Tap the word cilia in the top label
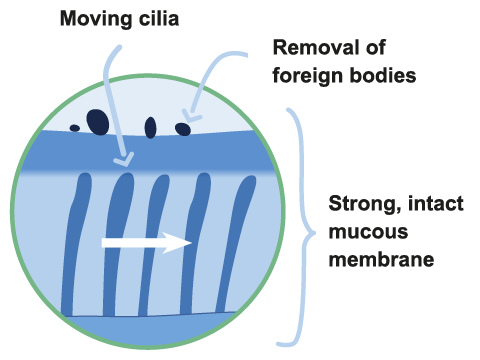coord(156,19)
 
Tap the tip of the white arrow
coord(191,242)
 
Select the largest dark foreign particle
coord(97,121)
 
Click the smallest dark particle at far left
coord(74,128)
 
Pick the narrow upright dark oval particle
coord(151,127)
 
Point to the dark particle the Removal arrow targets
coord(183,128)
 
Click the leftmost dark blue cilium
coord(77,240)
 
